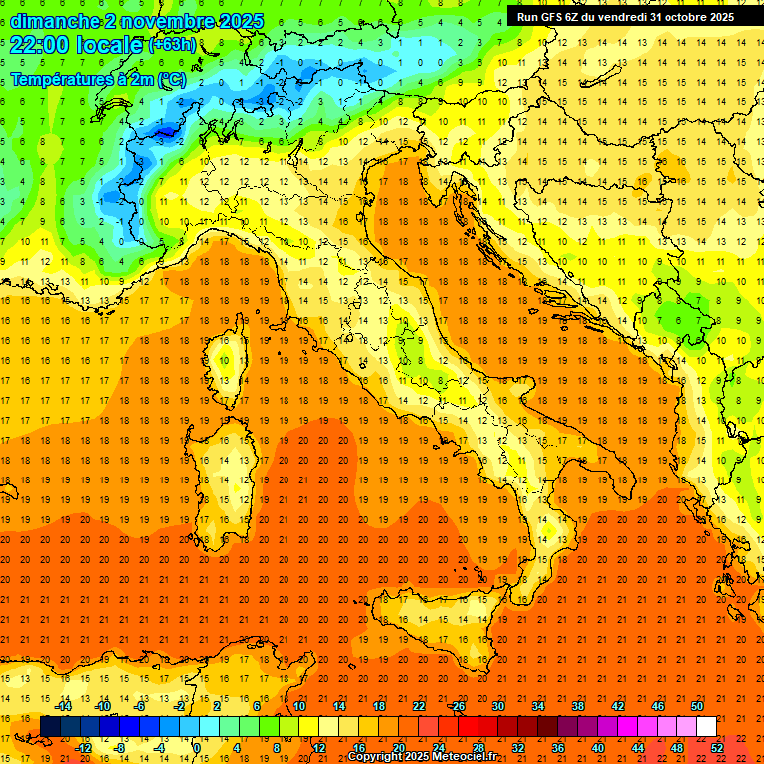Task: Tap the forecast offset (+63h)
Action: pyautogui.click(x=172, y=44)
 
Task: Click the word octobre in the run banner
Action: pyautogui.click(x=684, y=16)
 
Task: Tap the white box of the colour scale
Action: pyautogui.click(x=706, y=726)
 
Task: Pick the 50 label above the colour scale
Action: pyautogui.click(x=696, y=706)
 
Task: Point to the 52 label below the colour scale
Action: pyautogui.click(x=717, y=747)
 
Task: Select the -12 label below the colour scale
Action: pyautogui.click(x=83, y=747)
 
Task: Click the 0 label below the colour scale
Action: pyautogui.click(x=197, y=747)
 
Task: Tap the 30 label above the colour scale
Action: pyautogui.click(x=497, y=706)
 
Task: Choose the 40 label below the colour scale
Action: pyautogui.click(x=598, y=747)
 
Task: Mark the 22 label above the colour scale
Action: pyautogui.click(x=418, y=706)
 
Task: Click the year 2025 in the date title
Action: pyautogui.click(x=242, y=21)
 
